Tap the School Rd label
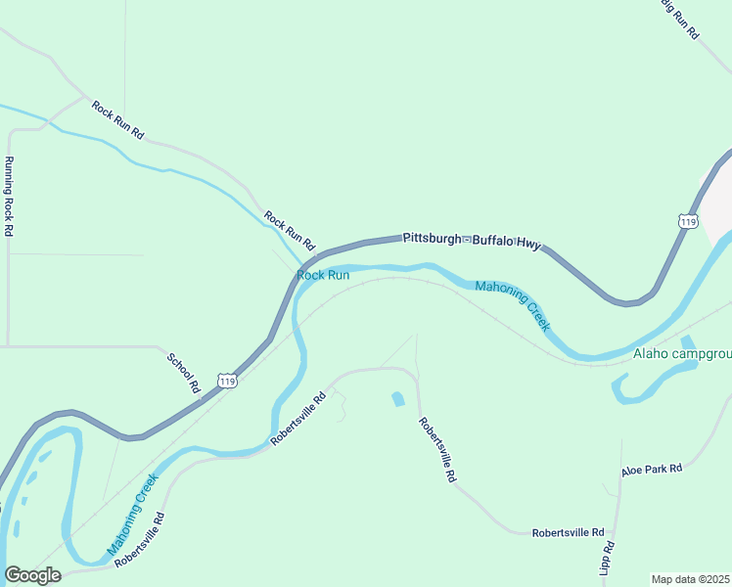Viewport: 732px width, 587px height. [183, 373]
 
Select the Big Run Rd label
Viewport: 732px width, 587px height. [678, 18]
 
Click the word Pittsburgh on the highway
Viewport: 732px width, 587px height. [431, 238]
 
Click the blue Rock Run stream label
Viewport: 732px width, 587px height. [323, 275]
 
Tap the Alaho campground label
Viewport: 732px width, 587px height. [682, 353]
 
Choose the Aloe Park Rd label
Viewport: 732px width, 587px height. [651, 471]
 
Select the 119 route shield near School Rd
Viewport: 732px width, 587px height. [227, 380]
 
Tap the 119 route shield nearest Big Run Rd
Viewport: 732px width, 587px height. [688, 221]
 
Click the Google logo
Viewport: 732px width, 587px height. [32, 574]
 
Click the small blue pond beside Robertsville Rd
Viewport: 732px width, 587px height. [398, 399]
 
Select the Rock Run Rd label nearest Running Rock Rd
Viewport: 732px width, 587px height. [117, 120]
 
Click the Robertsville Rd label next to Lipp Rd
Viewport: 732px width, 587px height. [568, 533]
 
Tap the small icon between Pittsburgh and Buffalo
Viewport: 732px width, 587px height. [467, 239]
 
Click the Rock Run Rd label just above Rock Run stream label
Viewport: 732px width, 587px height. [290, 229]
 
